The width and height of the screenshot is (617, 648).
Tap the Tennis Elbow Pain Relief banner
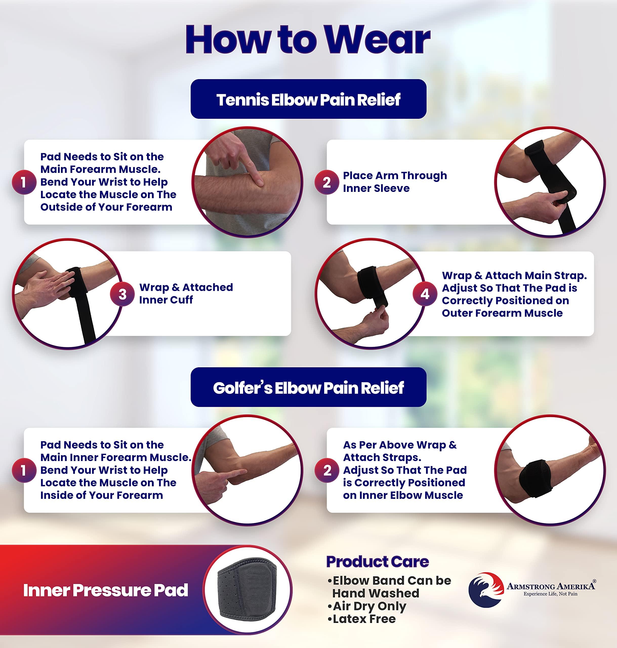pos(308,99)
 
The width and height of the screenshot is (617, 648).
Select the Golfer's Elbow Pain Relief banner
pos(308,388)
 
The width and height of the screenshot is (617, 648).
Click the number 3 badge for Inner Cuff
pos(122,294)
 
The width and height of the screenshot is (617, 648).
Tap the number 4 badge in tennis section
pos(425,294)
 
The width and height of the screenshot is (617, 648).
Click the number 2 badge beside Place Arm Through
pos(326,182)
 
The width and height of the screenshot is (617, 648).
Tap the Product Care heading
pos(377,561)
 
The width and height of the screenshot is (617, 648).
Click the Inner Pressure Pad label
pos(105,591)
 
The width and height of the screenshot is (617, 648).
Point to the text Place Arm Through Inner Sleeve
pos(395,182)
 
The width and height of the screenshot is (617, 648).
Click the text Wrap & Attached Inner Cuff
pos(186,293)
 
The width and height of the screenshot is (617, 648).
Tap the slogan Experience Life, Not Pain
pos(550,594)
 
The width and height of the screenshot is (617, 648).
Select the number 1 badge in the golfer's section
pos(24,470)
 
